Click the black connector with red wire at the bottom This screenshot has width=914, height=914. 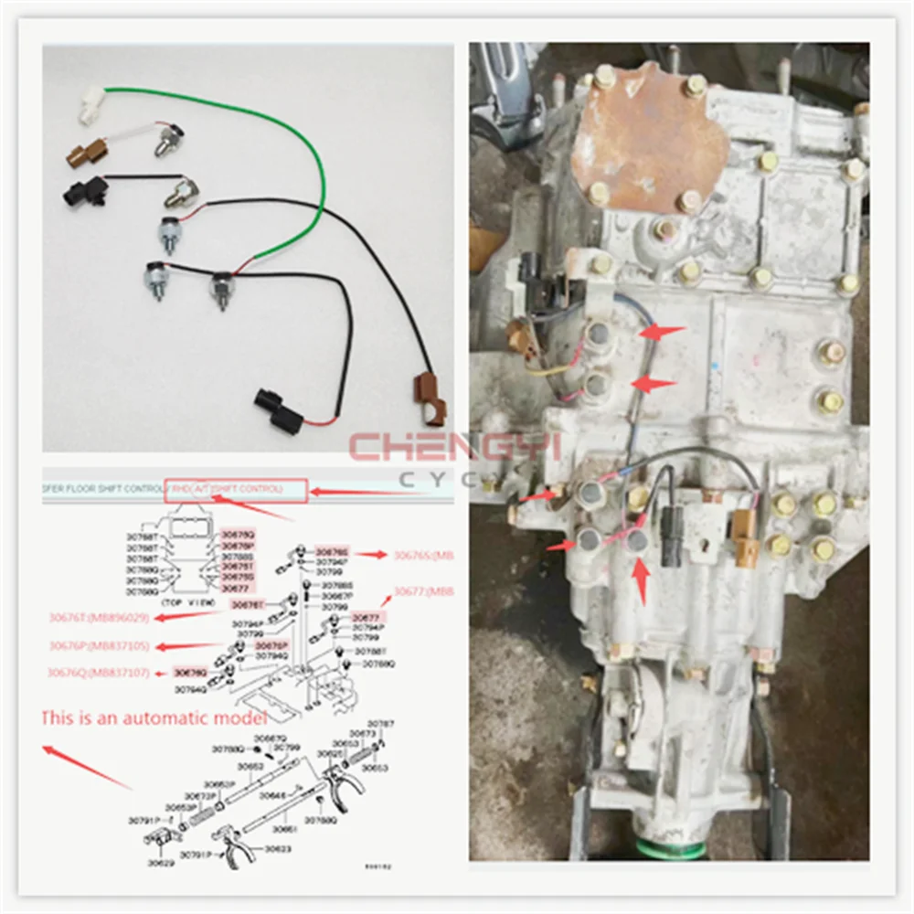[271, 408]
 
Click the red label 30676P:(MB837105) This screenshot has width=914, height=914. [98, 646]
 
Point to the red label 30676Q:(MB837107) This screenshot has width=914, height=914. [98, 674]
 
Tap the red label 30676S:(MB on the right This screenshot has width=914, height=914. [423, 554]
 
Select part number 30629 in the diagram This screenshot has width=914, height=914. [161, 862]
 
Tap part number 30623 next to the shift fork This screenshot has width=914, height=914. [278, 848]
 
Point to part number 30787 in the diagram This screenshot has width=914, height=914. [386, 723]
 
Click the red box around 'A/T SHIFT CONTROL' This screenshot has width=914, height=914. [236, 491]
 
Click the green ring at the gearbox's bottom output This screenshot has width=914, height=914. [673, 851]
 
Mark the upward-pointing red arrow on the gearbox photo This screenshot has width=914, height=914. [642, 581]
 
